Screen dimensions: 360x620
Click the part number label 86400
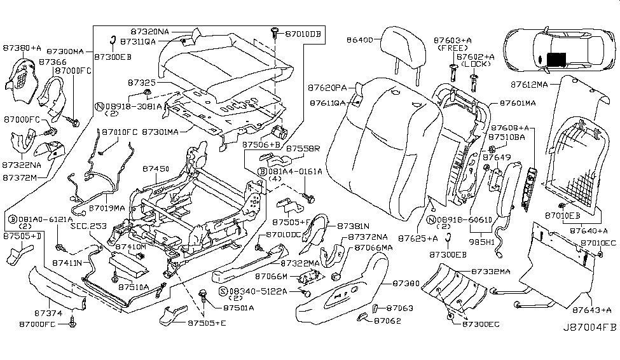(361, 40)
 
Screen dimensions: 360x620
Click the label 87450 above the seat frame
(155, 169)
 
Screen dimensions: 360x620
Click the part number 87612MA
(531, 84)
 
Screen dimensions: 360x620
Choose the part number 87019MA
(109, 207)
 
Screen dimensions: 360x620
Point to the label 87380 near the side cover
(406, 282)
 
